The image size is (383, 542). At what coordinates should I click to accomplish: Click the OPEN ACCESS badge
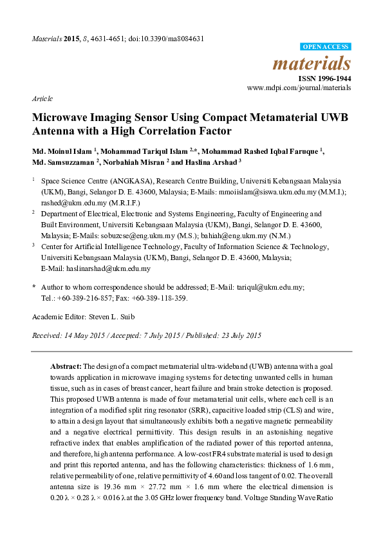[x=326, y=47]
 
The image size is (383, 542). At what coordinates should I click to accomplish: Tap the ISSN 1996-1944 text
[x=324, y=79]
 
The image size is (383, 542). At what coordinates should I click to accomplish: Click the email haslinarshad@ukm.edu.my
[x=96, y=268]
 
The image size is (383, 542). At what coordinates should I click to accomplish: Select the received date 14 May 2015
[x=81, y=335]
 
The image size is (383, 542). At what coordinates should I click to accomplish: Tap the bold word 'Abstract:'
[x=66, y=364]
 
